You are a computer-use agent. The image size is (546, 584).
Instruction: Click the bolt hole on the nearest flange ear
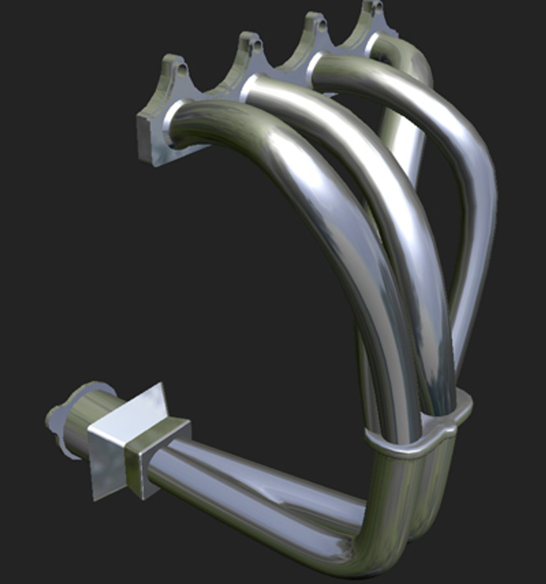pos(182,69)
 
